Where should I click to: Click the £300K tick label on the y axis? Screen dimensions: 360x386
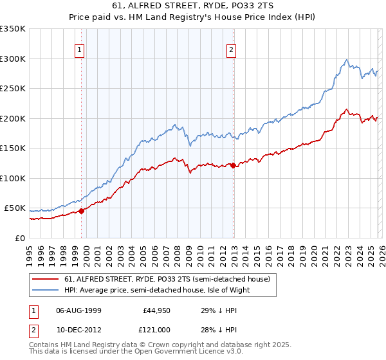point(13,59)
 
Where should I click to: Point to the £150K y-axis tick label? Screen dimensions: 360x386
point(13,148)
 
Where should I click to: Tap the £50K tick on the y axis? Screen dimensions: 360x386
point(15,208)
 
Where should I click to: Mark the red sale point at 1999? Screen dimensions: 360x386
point(82,211)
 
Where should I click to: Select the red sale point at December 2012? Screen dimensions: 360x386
point(233,166)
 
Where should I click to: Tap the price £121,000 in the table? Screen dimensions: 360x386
point(158,329)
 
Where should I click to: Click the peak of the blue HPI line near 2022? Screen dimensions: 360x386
point(346,60)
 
